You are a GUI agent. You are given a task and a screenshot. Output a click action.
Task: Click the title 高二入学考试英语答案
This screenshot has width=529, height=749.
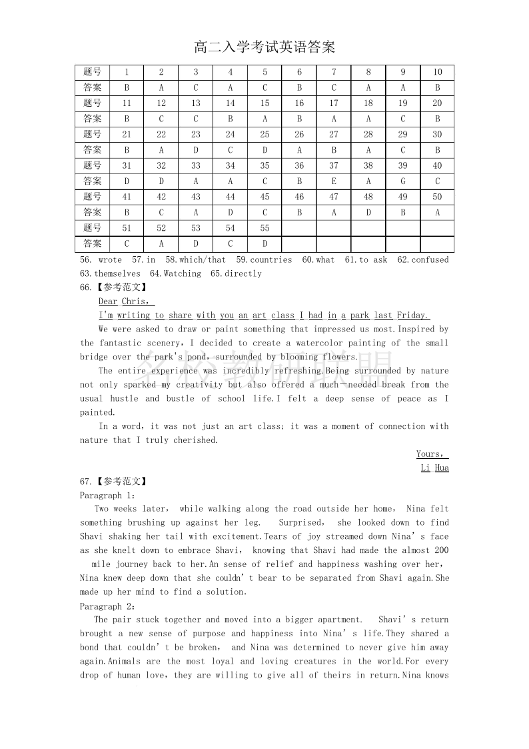(264, 47)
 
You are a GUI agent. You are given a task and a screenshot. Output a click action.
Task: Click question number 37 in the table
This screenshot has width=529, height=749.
(334, 166)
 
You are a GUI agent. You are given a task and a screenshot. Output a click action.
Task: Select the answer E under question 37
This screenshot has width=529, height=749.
(334, 181)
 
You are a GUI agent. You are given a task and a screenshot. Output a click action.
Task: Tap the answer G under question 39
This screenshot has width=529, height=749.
(403, 181)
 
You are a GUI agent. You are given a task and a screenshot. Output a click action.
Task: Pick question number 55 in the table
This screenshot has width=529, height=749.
(264, 228)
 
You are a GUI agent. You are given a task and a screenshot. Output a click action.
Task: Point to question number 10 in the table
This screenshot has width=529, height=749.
(437, 72)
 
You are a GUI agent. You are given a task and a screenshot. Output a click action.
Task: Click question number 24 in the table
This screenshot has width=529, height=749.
(231, 135)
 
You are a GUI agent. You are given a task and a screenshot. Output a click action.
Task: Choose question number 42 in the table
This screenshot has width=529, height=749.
(161, 197)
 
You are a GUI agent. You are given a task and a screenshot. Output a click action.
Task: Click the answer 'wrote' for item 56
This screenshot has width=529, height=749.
(110, 260)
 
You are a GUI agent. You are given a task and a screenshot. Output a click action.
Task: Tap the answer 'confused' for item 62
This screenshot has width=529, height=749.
(430, 260)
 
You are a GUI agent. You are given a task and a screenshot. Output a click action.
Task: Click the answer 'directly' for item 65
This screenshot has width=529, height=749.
(243, 273)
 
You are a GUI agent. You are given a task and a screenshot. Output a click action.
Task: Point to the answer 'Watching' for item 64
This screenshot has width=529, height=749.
(182, 273)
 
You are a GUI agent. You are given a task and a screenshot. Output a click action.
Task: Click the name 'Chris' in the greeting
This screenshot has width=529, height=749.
(135, 301)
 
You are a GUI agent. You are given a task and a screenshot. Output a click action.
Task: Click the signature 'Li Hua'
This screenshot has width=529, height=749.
(434, 468)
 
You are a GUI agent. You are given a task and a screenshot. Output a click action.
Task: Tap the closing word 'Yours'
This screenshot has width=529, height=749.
(430, 454)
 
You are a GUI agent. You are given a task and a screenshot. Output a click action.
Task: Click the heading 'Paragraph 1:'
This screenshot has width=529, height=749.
(108, 496)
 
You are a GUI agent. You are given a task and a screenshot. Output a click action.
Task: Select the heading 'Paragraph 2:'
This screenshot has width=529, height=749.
(108, 606)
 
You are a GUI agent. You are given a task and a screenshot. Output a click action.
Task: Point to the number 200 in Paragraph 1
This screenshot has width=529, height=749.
(440, 550)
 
